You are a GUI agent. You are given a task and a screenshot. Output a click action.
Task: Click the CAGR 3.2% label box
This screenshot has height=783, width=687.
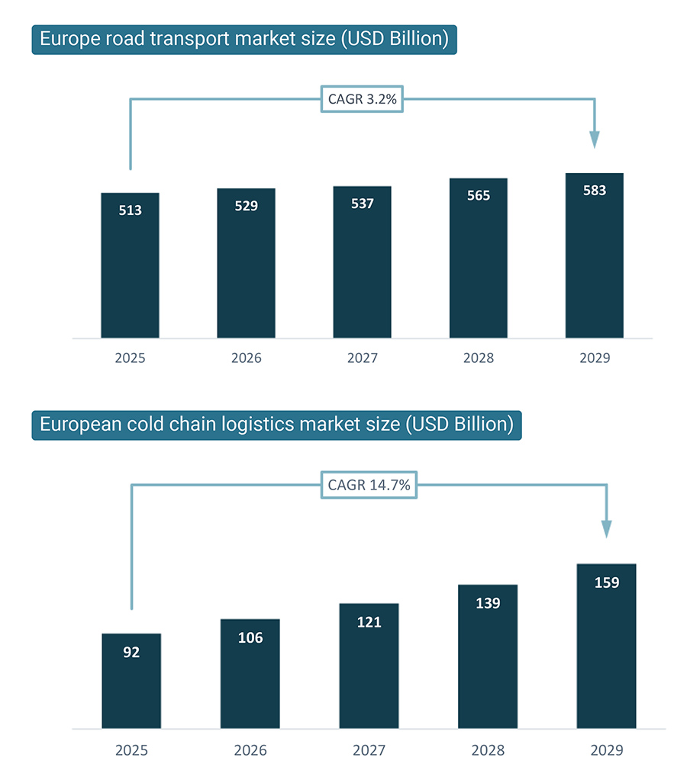tap(361, 99)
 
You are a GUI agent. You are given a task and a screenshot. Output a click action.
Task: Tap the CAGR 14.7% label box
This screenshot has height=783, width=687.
tap(369, 484)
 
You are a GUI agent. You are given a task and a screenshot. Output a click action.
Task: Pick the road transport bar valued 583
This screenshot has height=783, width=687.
tap(594, 255)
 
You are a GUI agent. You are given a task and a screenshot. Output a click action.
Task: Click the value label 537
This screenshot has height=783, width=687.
tap(362, 204)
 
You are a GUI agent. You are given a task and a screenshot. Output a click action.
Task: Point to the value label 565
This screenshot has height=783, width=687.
tap(478, 196)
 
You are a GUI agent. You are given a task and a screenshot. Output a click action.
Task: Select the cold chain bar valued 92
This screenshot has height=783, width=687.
tap(131, 681)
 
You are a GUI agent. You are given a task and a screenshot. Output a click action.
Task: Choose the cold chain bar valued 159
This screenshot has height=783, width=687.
tap(606, 647)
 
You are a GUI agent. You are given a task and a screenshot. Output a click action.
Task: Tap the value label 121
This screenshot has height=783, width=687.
tap(369, 622)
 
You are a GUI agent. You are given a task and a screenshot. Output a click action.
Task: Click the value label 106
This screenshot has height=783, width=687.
tap(250, 638)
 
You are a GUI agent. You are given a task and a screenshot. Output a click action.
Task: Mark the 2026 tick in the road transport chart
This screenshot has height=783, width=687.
tap(246, 358)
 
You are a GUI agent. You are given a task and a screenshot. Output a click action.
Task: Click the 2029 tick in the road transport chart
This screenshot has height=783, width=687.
tap(594, 358)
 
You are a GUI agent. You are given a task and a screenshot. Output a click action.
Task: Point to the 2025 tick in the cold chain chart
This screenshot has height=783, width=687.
tap(131, 750)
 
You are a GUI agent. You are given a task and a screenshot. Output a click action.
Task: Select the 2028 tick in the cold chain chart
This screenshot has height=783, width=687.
tap(488, 750)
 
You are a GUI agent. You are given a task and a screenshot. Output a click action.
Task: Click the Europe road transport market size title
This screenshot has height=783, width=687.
tap(244, 39)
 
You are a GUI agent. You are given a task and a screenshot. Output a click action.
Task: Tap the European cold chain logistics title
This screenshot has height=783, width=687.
tap(276, 424)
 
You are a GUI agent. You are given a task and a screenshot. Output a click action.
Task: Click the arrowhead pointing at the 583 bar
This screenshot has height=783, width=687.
tap(595, 140)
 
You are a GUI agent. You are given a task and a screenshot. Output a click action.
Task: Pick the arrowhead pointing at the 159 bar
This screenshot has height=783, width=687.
tap(606, 528)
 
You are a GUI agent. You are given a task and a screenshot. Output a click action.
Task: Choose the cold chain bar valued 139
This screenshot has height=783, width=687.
tap(488, 656)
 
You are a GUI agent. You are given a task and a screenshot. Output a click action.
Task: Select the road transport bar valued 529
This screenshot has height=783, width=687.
tap(246, 263)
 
